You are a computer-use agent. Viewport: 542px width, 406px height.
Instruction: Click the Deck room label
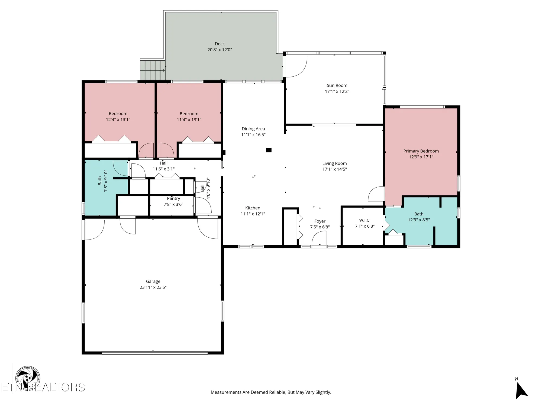(x=220, y=44)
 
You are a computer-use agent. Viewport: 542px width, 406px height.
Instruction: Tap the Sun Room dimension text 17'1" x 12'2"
(x=337, y=91)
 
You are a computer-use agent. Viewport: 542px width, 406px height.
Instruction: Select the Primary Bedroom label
(x=421, y=151)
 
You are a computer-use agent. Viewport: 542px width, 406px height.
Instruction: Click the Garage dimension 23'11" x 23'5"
(x=153, y=287)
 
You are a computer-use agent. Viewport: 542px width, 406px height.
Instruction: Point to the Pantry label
(x=173, y=198)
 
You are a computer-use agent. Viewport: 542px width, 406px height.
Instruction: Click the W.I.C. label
(x=364, y=220)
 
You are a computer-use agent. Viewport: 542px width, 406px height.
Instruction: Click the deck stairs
(x=153, y=70)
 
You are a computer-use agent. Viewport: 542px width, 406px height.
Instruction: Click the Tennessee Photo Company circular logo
(x=28, y=378)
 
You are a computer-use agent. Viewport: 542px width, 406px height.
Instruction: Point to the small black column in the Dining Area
(x=269, y=150)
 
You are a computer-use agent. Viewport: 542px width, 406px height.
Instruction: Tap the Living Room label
(x=334, y=163)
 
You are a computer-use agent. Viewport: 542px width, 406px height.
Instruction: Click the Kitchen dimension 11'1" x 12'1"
(x=253, y=214)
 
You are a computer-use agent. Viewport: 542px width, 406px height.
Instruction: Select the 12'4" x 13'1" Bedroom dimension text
(x=118, y=120)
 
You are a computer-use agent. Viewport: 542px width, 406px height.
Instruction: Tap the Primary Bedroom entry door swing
(x=376, y=194)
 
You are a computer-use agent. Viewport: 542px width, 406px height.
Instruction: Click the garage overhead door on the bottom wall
(x=154, y=352)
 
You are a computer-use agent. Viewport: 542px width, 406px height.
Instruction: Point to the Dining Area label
(x=253, y=129)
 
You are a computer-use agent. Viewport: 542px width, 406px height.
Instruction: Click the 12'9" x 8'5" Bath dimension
(x=419, y=220)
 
